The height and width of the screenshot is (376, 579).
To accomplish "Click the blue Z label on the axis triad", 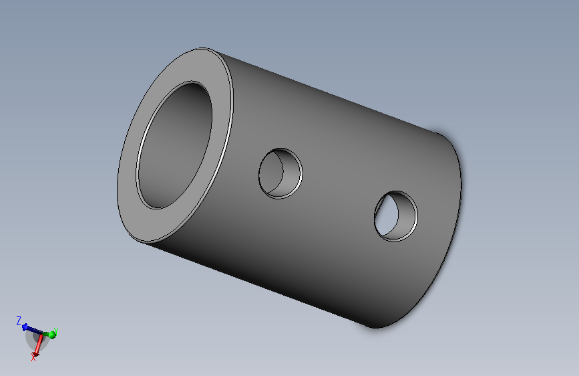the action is coord(19,320).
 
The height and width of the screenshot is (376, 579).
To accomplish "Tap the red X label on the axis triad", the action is coord(33,357).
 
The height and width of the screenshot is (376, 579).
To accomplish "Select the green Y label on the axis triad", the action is coord(55,331).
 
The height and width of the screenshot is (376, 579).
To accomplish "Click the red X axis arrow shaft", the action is coord(39,344).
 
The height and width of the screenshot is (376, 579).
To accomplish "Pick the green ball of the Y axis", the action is coord(52,335).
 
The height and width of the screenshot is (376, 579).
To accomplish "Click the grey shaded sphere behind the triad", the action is coord(37,340).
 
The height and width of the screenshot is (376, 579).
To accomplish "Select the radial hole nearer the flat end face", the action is coord(280,173).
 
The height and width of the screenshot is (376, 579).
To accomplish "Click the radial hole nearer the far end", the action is coord(396,217).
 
